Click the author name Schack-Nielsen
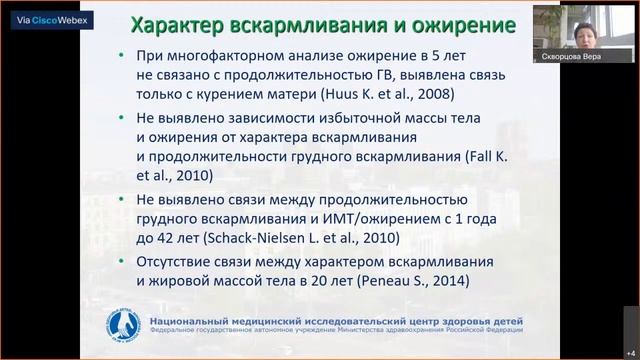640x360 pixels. click(248, 239)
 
